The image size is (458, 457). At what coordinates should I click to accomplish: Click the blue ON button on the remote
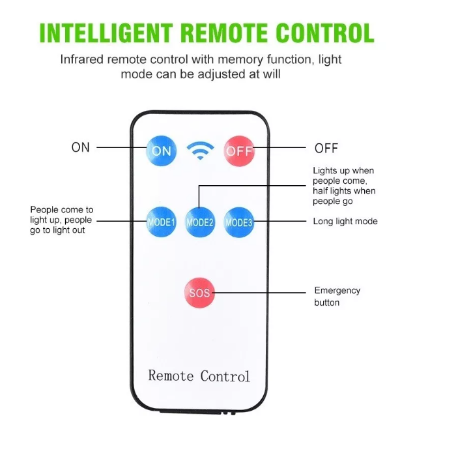tap(161, 151)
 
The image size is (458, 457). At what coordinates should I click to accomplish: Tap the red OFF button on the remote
tap(239, 151)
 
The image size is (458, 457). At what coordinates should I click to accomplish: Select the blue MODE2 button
tap(200, 222)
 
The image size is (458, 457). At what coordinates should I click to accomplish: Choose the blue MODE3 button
tap(239, 222)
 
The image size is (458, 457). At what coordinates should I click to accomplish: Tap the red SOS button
tap(199, 293)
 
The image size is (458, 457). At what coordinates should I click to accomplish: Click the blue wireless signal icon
tap(200, 151)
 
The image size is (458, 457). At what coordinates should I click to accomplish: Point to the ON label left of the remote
tap(81, 147)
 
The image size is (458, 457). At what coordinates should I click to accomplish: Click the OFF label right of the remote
tap(326, 148)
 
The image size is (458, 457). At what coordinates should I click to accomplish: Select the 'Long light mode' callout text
tap(345, 222)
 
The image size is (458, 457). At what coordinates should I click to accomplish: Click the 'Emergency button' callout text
tap(337, 297)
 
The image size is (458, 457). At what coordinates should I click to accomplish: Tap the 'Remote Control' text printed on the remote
tap(199, 376)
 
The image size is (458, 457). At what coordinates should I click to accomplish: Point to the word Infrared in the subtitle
tap(81, 59)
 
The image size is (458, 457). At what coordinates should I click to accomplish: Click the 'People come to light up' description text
tap(62, 220)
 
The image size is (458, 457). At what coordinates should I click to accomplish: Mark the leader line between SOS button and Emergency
tap(261, 293)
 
